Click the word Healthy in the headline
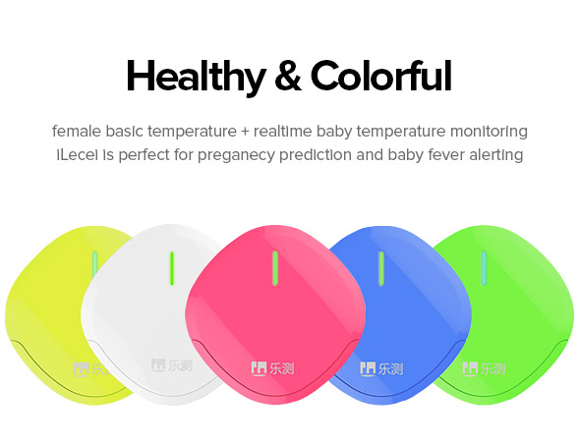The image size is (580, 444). (197, 77)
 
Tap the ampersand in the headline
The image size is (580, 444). (288, 76)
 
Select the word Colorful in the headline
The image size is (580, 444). (381, 76)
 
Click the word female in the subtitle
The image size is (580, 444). (77, 132)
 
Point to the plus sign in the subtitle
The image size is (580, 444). (245, 132)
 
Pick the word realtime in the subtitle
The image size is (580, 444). (283, 132)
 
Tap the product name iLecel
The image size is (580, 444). (78, 155)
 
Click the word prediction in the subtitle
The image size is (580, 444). (316, 155)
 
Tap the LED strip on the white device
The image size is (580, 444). (172, 268)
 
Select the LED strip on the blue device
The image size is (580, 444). (381, 268)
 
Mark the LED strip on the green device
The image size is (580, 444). (484, 268)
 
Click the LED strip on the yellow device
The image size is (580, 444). (94, 264)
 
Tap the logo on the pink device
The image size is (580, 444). (272, 368)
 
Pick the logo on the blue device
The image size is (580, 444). (381, 368)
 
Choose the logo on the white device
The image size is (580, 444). (172, 365)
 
